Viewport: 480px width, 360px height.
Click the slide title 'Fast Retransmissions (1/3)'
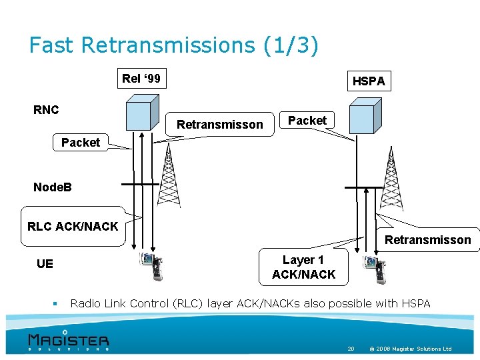click(174, 45)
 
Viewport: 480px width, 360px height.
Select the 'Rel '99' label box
click(141, 79)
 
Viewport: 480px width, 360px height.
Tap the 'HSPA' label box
click(369, 81)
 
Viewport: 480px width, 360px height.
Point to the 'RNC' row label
click(46, 110)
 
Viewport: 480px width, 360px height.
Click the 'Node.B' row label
click(52, 187)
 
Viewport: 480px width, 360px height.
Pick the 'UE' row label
click(45, 264)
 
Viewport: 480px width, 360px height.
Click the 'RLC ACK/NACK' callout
click(72, 227)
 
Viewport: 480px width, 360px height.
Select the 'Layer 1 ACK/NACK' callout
click(303, 267)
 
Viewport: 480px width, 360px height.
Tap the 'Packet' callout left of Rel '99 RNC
click(80, 143)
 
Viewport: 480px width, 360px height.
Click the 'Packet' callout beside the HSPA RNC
click(307, 121)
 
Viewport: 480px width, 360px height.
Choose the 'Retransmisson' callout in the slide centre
click(220, 125)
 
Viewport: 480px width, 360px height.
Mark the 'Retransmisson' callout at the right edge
click(427, 240)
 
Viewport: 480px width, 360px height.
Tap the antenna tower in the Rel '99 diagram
click(170, 176)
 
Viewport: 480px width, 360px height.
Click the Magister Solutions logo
click(68, 339)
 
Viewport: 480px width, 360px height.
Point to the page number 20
click(351, 349)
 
